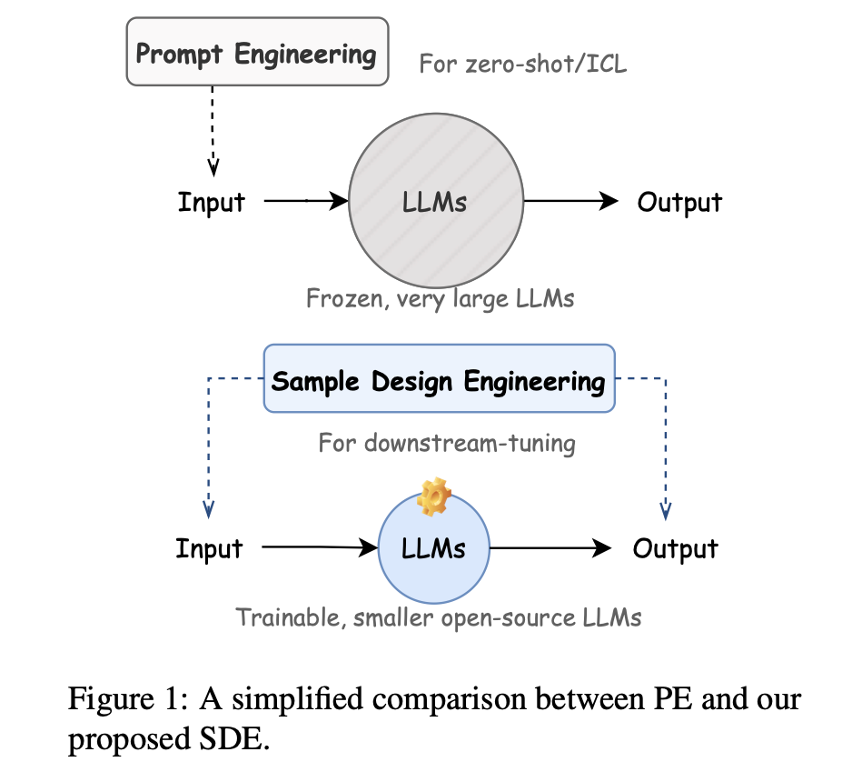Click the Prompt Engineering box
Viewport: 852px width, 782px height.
click(x=256, y=54)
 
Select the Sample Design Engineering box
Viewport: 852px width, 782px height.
click(x=439, y=380)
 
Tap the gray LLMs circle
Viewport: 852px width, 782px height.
click(x=435, y=202)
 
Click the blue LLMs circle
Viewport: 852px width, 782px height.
click(x=433, y=548)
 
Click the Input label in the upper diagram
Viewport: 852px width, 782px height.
click(x=210, y=202)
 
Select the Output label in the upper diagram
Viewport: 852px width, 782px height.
click(x=679, y=202)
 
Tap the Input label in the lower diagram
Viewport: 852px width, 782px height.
click(x=209, y=548)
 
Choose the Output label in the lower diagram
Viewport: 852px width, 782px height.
click(x=675, y=548)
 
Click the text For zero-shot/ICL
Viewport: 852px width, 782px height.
click(x=522, y=65)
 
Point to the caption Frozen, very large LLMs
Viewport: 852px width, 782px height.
click(x=440, y=298)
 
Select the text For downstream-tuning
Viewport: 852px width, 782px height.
click(x=447, y=443)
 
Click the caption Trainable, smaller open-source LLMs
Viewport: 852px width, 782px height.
click(x=439, y=617)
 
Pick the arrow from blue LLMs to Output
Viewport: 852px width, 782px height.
click(x=550, y=547)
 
